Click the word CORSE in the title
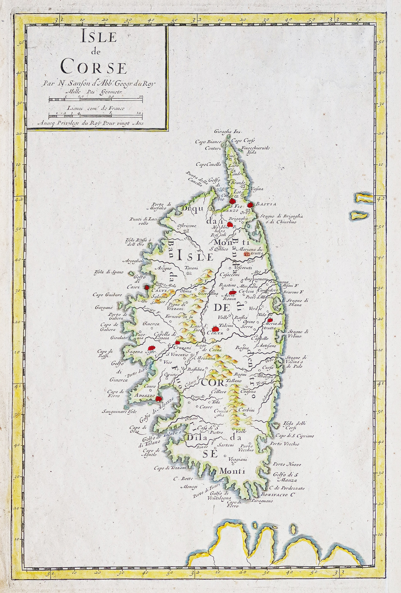[x=94, y=67]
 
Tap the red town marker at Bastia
[x=250, y=205]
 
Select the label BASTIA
[x=266, y=204]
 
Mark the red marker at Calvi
[x=147, y=286]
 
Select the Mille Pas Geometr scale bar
[x=96, y=100]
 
